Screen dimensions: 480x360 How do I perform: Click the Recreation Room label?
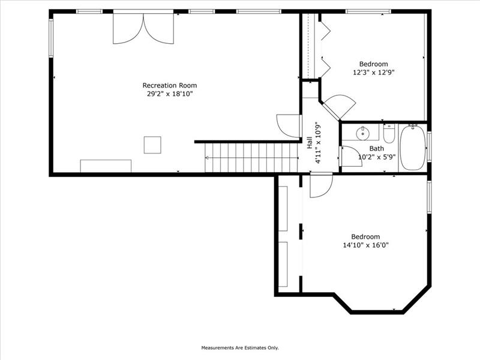point(170,85)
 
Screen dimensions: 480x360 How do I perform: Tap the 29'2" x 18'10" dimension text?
point(170,94)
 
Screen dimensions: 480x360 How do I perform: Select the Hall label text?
point(310,143)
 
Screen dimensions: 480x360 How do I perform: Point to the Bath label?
point(377,148)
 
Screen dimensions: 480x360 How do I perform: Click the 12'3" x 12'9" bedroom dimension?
point(373,73)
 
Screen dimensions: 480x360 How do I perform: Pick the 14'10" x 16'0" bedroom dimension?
point(365,245)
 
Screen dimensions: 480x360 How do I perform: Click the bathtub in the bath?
point(412,148)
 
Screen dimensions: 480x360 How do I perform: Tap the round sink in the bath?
point(363,133)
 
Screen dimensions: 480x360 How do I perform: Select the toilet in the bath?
point(389,133)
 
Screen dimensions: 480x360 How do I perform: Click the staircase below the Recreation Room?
point(251,158)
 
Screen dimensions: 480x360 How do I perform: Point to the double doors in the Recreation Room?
point(143,28)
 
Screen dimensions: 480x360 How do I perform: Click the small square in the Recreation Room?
point(152,145)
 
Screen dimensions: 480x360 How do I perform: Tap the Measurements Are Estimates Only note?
point(240,348)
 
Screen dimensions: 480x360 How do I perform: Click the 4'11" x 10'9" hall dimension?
point(319,143)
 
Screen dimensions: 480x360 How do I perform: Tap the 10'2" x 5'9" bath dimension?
point(377,157)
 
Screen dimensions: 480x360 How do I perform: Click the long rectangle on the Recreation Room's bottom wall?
point(106,166)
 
